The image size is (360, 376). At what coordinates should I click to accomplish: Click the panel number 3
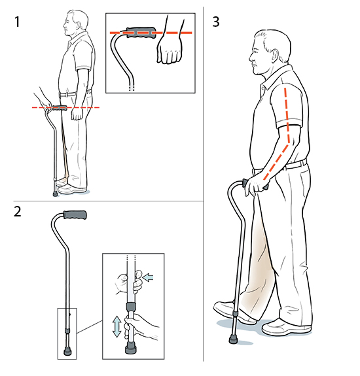pos(217,22)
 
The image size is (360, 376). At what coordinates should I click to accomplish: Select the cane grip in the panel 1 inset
pos(141,31)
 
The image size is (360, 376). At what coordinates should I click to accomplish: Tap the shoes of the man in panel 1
pos(73,190)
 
